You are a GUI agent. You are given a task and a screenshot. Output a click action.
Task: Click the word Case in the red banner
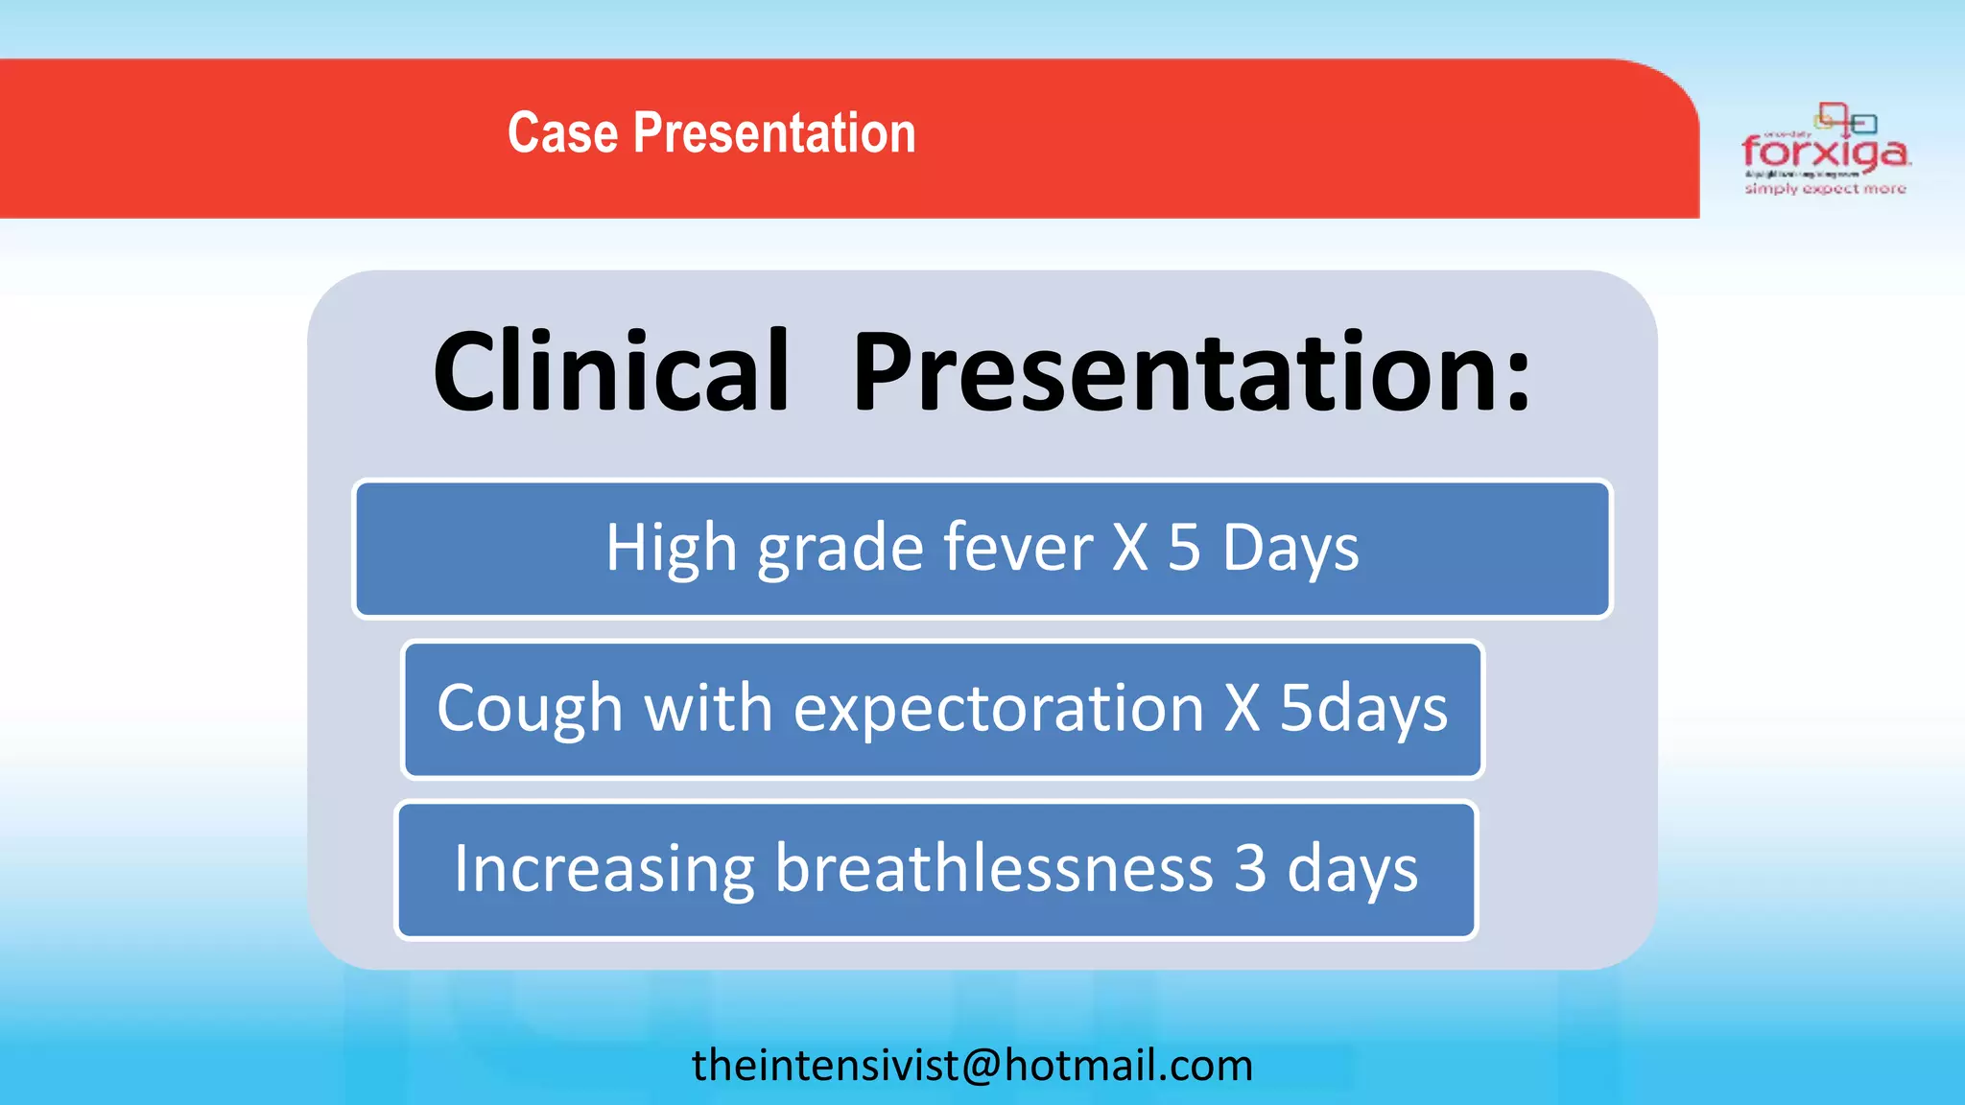tap(562, 132)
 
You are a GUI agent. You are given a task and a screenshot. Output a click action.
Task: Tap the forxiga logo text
tap(1825, 153)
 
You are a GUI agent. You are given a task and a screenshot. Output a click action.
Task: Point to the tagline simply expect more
tap(1825, 189)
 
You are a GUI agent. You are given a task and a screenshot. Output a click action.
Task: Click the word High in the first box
tap(670, 548)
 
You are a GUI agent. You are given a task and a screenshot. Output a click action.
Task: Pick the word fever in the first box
tap(1017, 548)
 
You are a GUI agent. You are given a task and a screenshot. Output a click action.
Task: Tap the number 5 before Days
tap(1184, 548)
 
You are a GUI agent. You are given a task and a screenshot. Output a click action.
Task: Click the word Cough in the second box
tap(530, 710)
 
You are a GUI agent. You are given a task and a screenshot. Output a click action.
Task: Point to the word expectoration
tap(998, 710)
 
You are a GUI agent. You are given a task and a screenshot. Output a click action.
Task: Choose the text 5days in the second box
tap(1362, 710)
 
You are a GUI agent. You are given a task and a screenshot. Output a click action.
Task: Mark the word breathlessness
tap(993, 868)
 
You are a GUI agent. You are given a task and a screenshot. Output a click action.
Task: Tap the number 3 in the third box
tap(1249, 868)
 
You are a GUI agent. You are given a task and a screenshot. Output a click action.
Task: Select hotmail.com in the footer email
tap(1128, 1065)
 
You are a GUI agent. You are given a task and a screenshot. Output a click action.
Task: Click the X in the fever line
tap(1130, 548)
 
